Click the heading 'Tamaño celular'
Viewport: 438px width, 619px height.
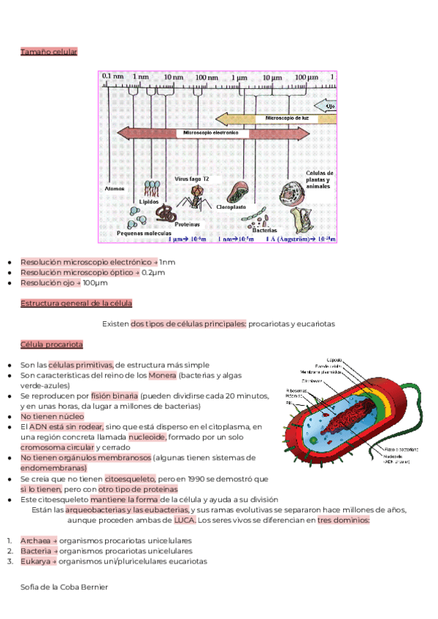[48, 52]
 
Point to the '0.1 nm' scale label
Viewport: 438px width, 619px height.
[112, 77]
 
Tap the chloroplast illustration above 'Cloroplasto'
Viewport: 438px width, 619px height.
[238, 193]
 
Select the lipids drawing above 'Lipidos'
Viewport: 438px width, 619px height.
[150, 188]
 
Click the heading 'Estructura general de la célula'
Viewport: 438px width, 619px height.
[76, 303]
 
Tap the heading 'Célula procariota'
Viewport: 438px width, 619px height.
[51, 344]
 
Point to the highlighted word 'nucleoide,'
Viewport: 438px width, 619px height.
[148, 437]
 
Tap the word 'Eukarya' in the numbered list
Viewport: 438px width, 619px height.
[36, 561]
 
